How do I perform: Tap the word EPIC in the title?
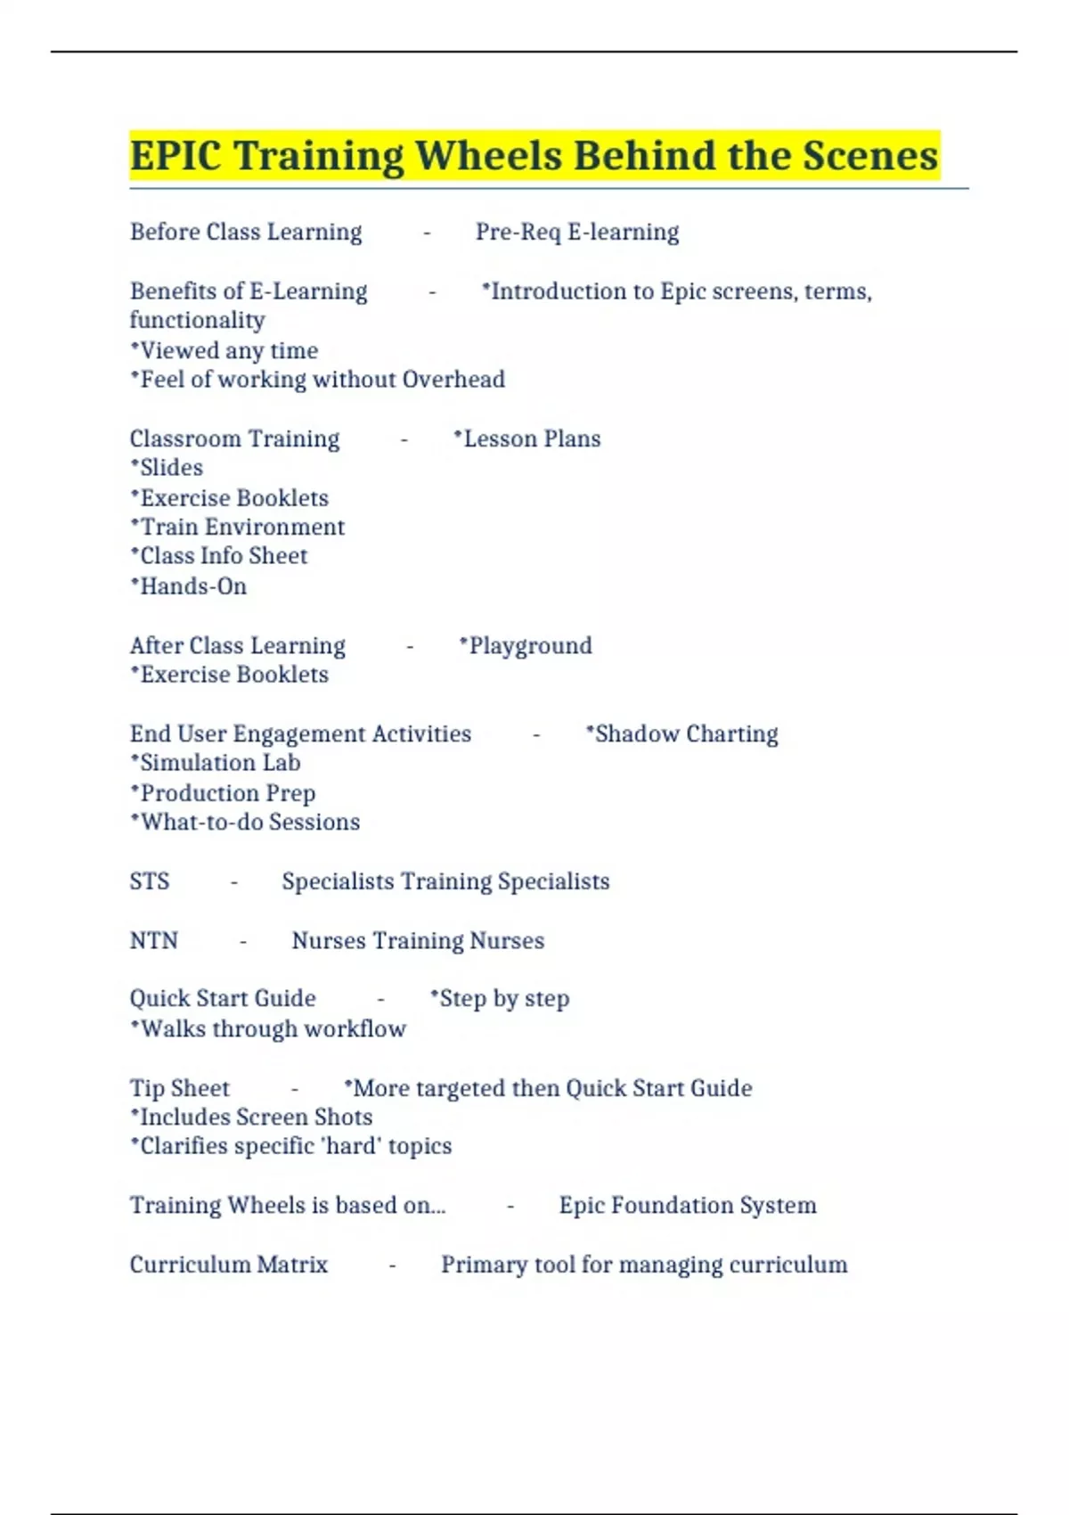(x=175, y=156)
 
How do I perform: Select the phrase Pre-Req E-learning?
(x=577, y=233)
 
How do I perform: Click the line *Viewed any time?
(x=224, y=351)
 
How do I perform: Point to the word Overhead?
(x=453, y=380)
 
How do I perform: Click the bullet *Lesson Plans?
(x=527, y=438)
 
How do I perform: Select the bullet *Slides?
(x=167, y=468)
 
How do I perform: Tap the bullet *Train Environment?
(x=238, y=527)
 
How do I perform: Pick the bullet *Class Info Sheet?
(x=219, y=556)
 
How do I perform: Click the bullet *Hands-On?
(x=189, y=586)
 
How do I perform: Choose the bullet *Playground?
(x=526, y=645)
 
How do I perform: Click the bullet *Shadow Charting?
(x=681, y=733)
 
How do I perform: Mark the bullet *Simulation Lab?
(x=216, y=763)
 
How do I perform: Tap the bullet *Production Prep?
(x=223, y=793)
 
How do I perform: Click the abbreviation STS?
(x=150, y=881)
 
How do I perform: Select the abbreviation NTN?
(x=154, y=940)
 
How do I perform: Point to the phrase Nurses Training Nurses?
(x=418, y=940)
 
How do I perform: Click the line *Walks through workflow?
(x=268, y=1028)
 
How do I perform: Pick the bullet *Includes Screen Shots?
(x=251, y=1117)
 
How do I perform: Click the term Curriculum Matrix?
(x=229, y=1265)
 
